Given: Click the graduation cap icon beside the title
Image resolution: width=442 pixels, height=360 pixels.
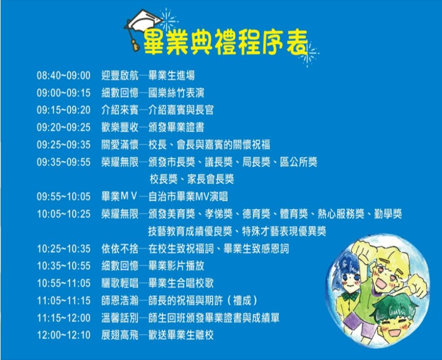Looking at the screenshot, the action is coord(143,27).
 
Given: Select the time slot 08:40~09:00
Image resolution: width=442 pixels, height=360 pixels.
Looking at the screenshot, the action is coord(64,76).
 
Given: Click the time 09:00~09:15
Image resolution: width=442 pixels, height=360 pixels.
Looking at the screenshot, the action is coord(64,93).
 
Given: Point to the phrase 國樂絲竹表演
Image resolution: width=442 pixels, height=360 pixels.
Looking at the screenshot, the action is coord(176,93).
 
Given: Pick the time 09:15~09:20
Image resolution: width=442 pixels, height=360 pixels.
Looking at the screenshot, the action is coord(64,110).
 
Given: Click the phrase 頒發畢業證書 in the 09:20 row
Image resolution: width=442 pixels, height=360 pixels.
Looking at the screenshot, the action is coord(176,127).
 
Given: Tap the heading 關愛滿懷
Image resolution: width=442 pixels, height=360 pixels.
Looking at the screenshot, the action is coord(120,144).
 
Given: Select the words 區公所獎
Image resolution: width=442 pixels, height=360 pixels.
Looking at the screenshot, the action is coord(299,162).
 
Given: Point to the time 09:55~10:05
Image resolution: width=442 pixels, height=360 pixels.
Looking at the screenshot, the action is coord(64,197).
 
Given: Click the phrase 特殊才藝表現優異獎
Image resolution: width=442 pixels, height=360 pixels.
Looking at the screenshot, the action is coord(284,231).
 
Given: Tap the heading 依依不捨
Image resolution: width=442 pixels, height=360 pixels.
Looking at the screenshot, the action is coord(120,249).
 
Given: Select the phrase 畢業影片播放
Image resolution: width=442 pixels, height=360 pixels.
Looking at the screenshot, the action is coord(176,266).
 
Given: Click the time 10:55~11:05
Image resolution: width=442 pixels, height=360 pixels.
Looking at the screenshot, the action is coord(64,283).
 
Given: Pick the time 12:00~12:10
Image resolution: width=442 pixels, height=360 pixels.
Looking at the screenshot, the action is coord(64,335).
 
